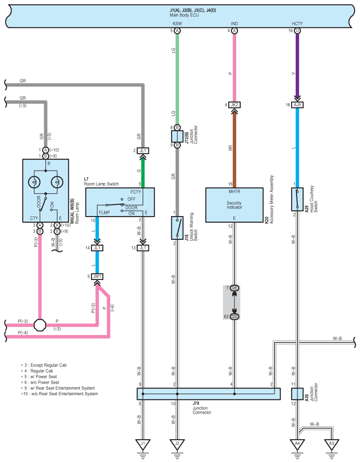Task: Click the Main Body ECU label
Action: (x=184, y=15)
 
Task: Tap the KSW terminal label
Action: (x=177, y=24)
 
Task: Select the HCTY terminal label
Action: (x=297, y=24)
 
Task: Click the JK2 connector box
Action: (x=234, y=105)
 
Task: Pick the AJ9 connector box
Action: (x=297, y=105)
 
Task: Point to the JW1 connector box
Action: (x=97, y=276)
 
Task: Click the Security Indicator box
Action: (x=234, y=205)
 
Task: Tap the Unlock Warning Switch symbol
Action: (x=177, y=228)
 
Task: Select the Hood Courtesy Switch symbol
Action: (x=297, y=199)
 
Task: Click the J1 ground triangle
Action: (x=143, y=444)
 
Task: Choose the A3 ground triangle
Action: (x=332, y=444)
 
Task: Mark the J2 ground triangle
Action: (x=177, y=444)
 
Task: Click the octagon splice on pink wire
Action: (x=40, y=325)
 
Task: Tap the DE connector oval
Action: (x=234, y=288)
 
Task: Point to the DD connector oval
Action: (x=234, y=317)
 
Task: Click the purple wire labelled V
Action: (x=297, y=65)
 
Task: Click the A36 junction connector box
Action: (x=297, y=394)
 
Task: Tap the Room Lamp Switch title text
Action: (x=101, y=184)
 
